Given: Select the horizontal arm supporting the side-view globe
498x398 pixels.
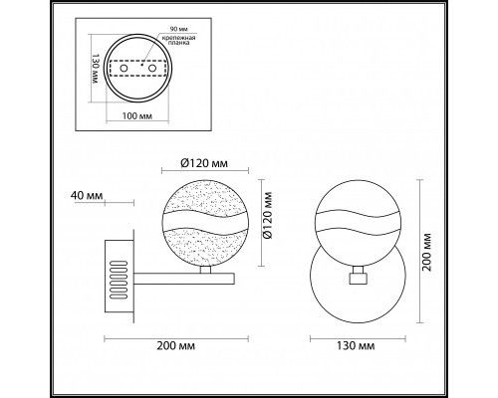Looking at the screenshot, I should tap(179, 271).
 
